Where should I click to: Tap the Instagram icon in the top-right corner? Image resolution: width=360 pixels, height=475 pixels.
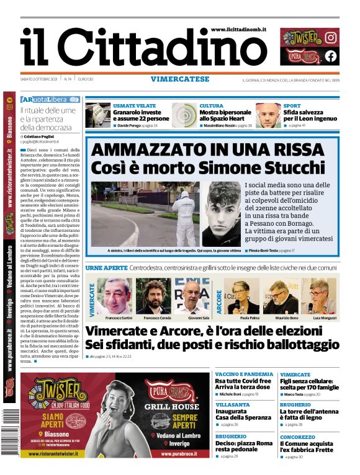[331, 37]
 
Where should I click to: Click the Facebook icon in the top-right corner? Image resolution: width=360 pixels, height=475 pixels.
[331, 56]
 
